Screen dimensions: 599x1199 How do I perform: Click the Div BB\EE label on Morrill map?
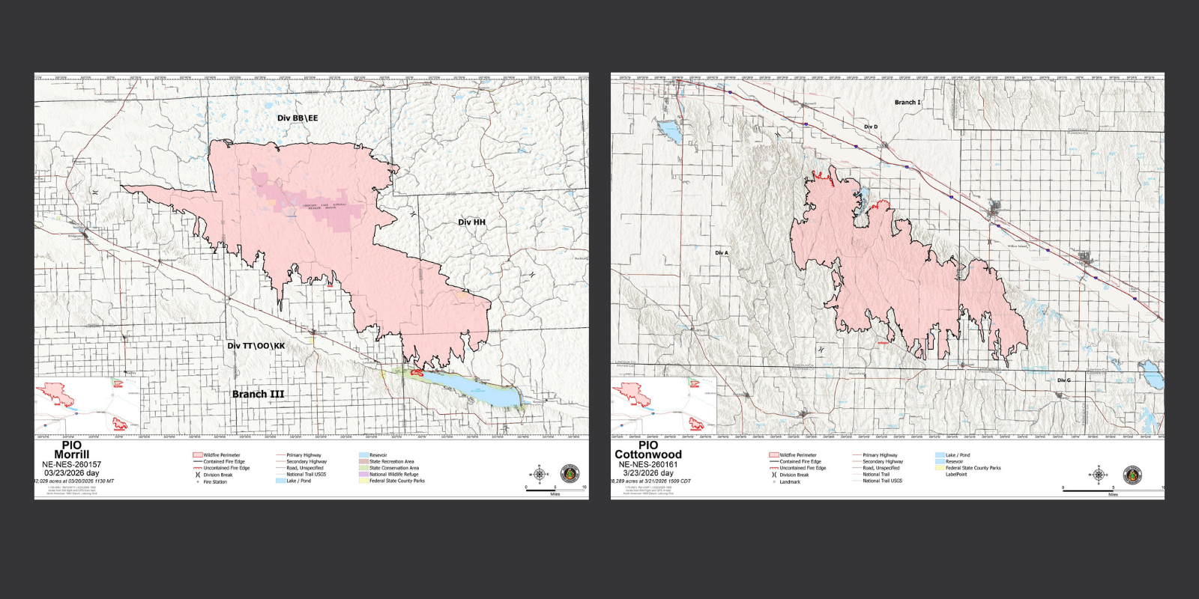click(x=298, y=118)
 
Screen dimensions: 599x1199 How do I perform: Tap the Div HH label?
click(x=471, y=222)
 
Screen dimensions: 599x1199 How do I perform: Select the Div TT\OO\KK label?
click(x=256, y=346)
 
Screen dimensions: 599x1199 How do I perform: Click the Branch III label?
click(x=258, y=394)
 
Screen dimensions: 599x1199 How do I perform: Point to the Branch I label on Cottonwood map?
click(x=907, y=103)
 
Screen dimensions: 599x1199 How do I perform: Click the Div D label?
click(x=870, y=127)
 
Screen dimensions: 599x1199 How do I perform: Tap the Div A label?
click(x=721, y=253)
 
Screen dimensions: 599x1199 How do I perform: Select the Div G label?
click(x=1063, y=380)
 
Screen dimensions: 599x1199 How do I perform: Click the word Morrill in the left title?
click(x=71, y=454)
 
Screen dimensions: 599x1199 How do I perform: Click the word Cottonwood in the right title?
click(x=648, y=454)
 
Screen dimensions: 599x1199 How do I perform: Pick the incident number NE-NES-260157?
click(x=71, y=464)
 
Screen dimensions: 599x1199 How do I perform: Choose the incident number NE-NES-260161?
click(x=648, y=464)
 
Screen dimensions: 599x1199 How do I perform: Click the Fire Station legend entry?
click(x=214, y=482)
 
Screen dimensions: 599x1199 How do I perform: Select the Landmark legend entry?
click(x=789, y=482)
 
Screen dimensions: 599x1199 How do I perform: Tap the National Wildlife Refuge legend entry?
click(x=393, y=474)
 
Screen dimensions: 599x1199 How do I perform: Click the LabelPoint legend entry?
click(x=956, y=474)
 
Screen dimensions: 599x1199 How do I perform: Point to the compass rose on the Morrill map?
click(x=540, y=474)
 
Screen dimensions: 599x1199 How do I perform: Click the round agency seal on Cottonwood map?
click(x=1132, y=475)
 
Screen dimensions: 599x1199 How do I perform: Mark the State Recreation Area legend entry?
click(x=391, y=462)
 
